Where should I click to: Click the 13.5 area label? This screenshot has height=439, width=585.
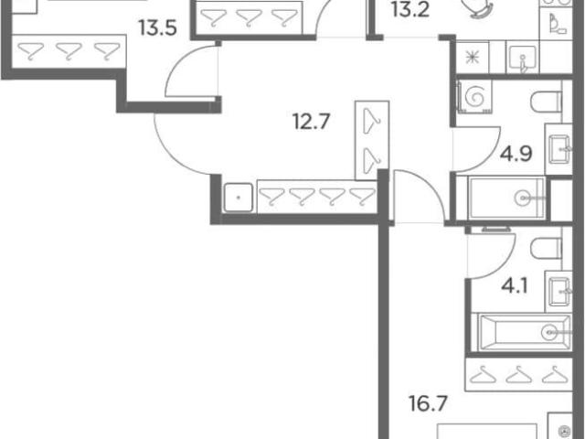click(x=157, y=28)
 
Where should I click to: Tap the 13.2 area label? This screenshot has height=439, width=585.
click(x=410, y=10)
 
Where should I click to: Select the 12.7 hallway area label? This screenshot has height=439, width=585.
click(x=312, y=122)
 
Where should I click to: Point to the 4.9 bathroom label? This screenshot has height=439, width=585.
click(x=516, y=154)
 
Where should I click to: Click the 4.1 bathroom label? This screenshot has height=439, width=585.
click(x=514, y=287)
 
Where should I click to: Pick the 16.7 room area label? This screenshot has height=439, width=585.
click(x=428, y=403)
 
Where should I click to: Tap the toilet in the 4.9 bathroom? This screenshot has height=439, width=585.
click(x=546, y=102)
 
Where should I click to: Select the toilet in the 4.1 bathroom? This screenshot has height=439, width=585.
click(x=546, y=249)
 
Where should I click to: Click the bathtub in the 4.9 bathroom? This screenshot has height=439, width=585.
click(x=506, y=198)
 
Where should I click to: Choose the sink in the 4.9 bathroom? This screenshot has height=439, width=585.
click(x=558, y=149)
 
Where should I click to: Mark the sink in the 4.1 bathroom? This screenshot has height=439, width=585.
click(x=558, y=292)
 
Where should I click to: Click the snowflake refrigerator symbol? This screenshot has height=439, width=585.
click(x=473, y=58)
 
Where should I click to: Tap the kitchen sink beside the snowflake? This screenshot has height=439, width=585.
click(x=522, y=59)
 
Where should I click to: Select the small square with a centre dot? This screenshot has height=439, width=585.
click(x=239, y=198)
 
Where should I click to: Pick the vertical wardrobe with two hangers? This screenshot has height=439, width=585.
click(x=372, y=141)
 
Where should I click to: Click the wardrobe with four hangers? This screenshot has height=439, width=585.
click(x=317, y=197)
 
